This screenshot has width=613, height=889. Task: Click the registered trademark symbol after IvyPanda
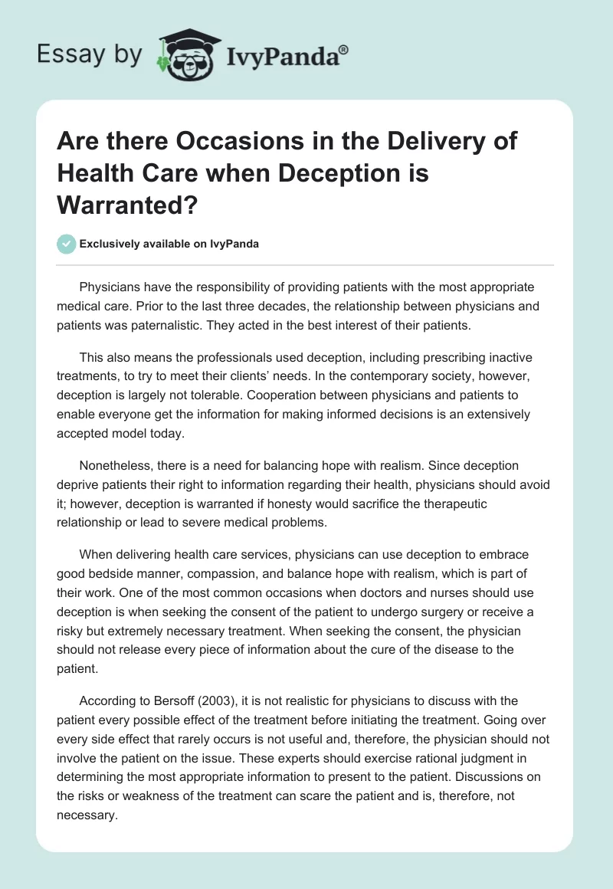click(345, 48)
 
